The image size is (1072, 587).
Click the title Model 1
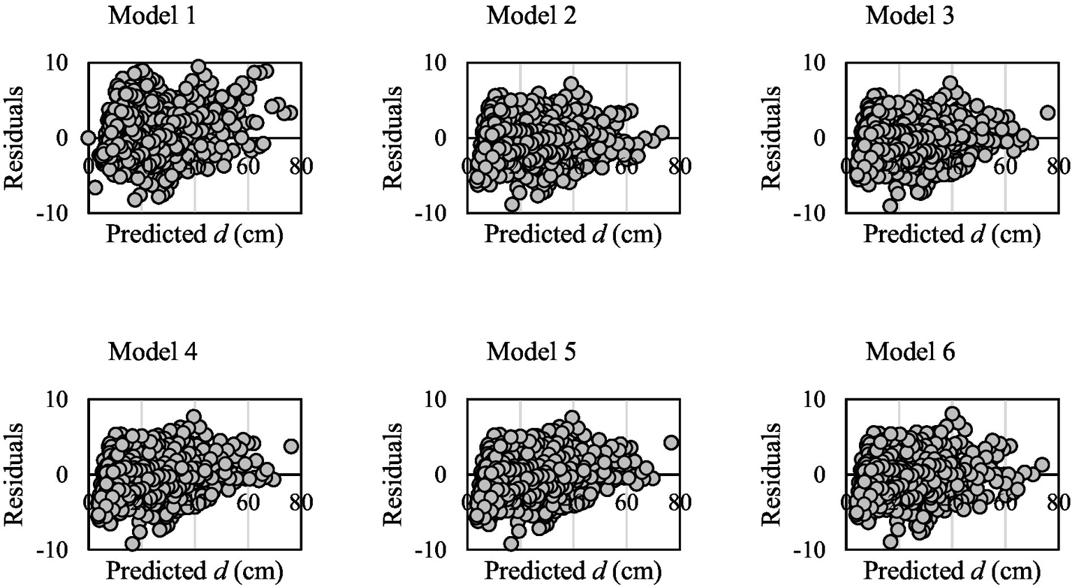[x=152, y=15]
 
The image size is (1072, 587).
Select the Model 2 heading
[x=531, y=15]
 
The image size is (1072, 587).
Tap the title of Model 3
[x=909, y=15]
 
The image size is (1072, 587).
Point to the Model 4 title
[x=152, y=352]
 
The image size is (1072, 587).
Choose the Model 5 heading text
[x=531, y=352]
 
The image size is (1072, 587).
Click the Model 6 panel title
[x=909, y=352]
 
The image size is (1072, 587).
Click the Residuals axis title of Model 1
[x=15, y=138]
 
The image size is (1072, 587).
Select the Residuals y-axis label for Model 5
[x=393, y=474]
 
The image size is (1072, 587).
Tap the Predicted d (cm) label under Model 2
[x=573, y=235]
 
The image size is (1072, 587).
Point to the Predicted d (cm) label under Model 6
[x=952, y=571]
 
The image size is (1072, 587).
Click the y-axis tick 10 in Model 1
[x=57, y=63]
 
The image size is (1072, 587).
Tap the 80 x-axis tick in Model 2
[x=680, y=166]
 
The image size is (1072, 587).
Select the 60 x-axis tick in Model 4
[x=248, y=503]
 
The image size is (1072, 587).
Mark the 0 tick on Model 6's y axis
[x=822, y=475]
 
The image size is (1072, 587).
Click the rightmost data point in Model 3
[x=1047, y=112]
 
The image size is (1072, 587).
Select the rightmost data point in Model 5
[x=670, y=443]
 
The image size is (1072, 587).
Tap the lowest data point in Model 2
[x=512, y=205]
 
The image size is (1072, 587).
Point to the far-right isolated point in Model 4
[x=291, y=446]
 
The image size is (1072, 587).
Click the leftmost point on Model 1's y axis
[x=88, y=138]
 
